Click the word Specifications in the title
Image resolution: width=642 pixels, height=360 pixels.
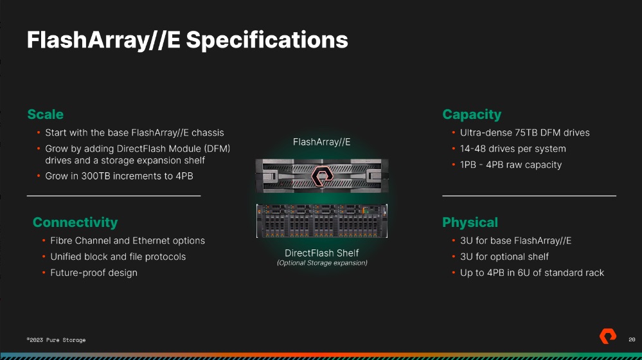coord(267,40)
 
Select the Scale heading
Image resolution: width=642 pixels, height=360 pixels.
coord(45,114)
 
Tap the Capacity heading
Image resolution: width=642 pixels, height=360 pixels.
coord(472,114)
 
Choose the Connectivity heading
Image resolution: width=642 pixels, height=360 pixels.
coord(75,222)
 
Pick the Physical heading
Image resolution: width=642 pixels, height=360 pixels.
coord(470,222)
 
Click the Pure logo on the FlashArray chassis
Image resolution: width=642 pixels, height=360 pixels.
coord(322,176)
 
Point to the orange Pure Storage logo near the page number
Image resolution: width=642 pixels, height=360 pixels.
coord(608,336)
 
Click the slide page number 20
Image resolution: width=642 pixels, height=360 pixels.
coord(632,339)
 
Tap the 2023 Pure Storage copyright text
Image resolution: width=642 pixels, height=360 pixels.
coord(56,340)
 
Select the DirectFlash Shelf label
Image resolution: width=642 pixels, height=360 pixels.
coord(322,253)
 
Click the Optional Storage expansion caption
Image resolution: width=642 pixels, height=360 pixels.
coord(322,263)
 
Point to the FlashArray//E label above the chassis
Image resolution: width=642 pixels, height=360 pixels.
coord(322,142)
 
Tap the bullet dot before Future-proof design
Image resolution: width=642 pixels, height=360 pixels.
coord(44,273)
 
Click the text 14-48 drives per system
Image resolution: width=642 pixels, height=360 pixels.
coord(513,148)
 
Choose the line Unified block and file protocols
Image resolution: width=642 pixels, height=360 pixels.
coord(118,256)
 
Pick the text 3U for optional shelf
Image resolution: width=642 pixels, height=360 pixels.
coord(504,256)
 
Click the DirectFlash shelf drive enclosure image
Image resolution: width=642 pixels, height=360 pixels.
coord(322,221)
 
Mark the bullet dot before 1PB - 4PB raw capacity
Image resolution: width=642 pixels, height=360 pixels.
coord(454,165)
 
